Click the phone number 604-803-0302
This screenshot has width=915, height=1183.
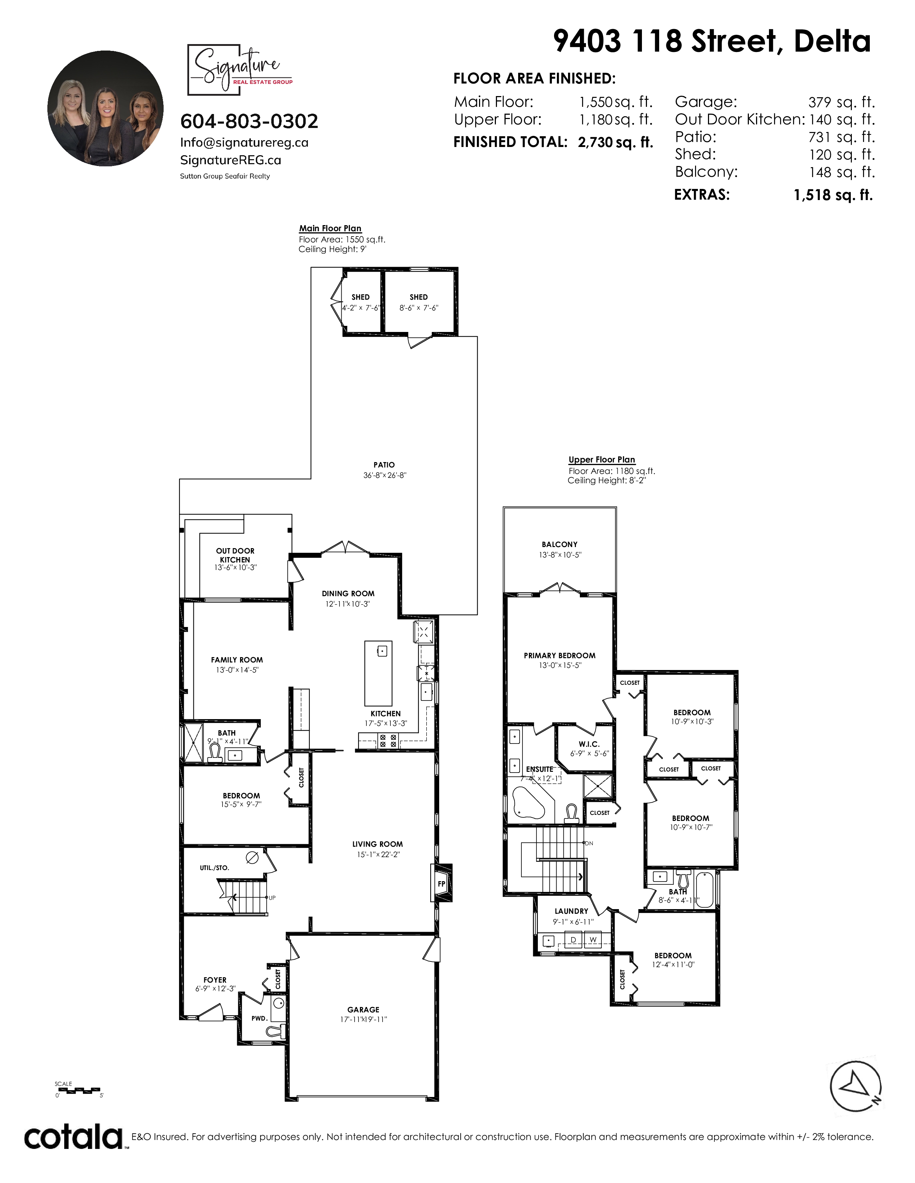coord(249,121)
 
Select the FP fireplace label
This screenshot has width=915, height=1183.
coord(441,884)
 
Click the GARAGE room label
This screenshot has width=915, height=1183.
coord(363,1009)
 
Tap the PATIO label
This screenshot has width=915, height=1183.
coord(384,465)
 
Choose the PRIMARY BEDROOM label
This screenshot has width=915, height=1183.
coord(559,655)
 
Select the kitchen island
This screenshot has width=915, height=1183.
coord(378,673)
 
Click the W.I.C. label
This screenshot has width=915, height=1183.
coord(589,744)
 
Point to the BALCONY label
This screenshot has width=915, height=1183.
coord(559,545)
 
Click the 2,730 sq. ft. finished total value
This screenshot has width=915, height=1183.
coord(615,142)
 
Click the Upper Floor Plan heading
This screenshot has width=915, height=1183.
coord(602,459)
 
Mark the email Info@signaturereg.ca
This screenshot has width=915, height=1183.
coord(244,142)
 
